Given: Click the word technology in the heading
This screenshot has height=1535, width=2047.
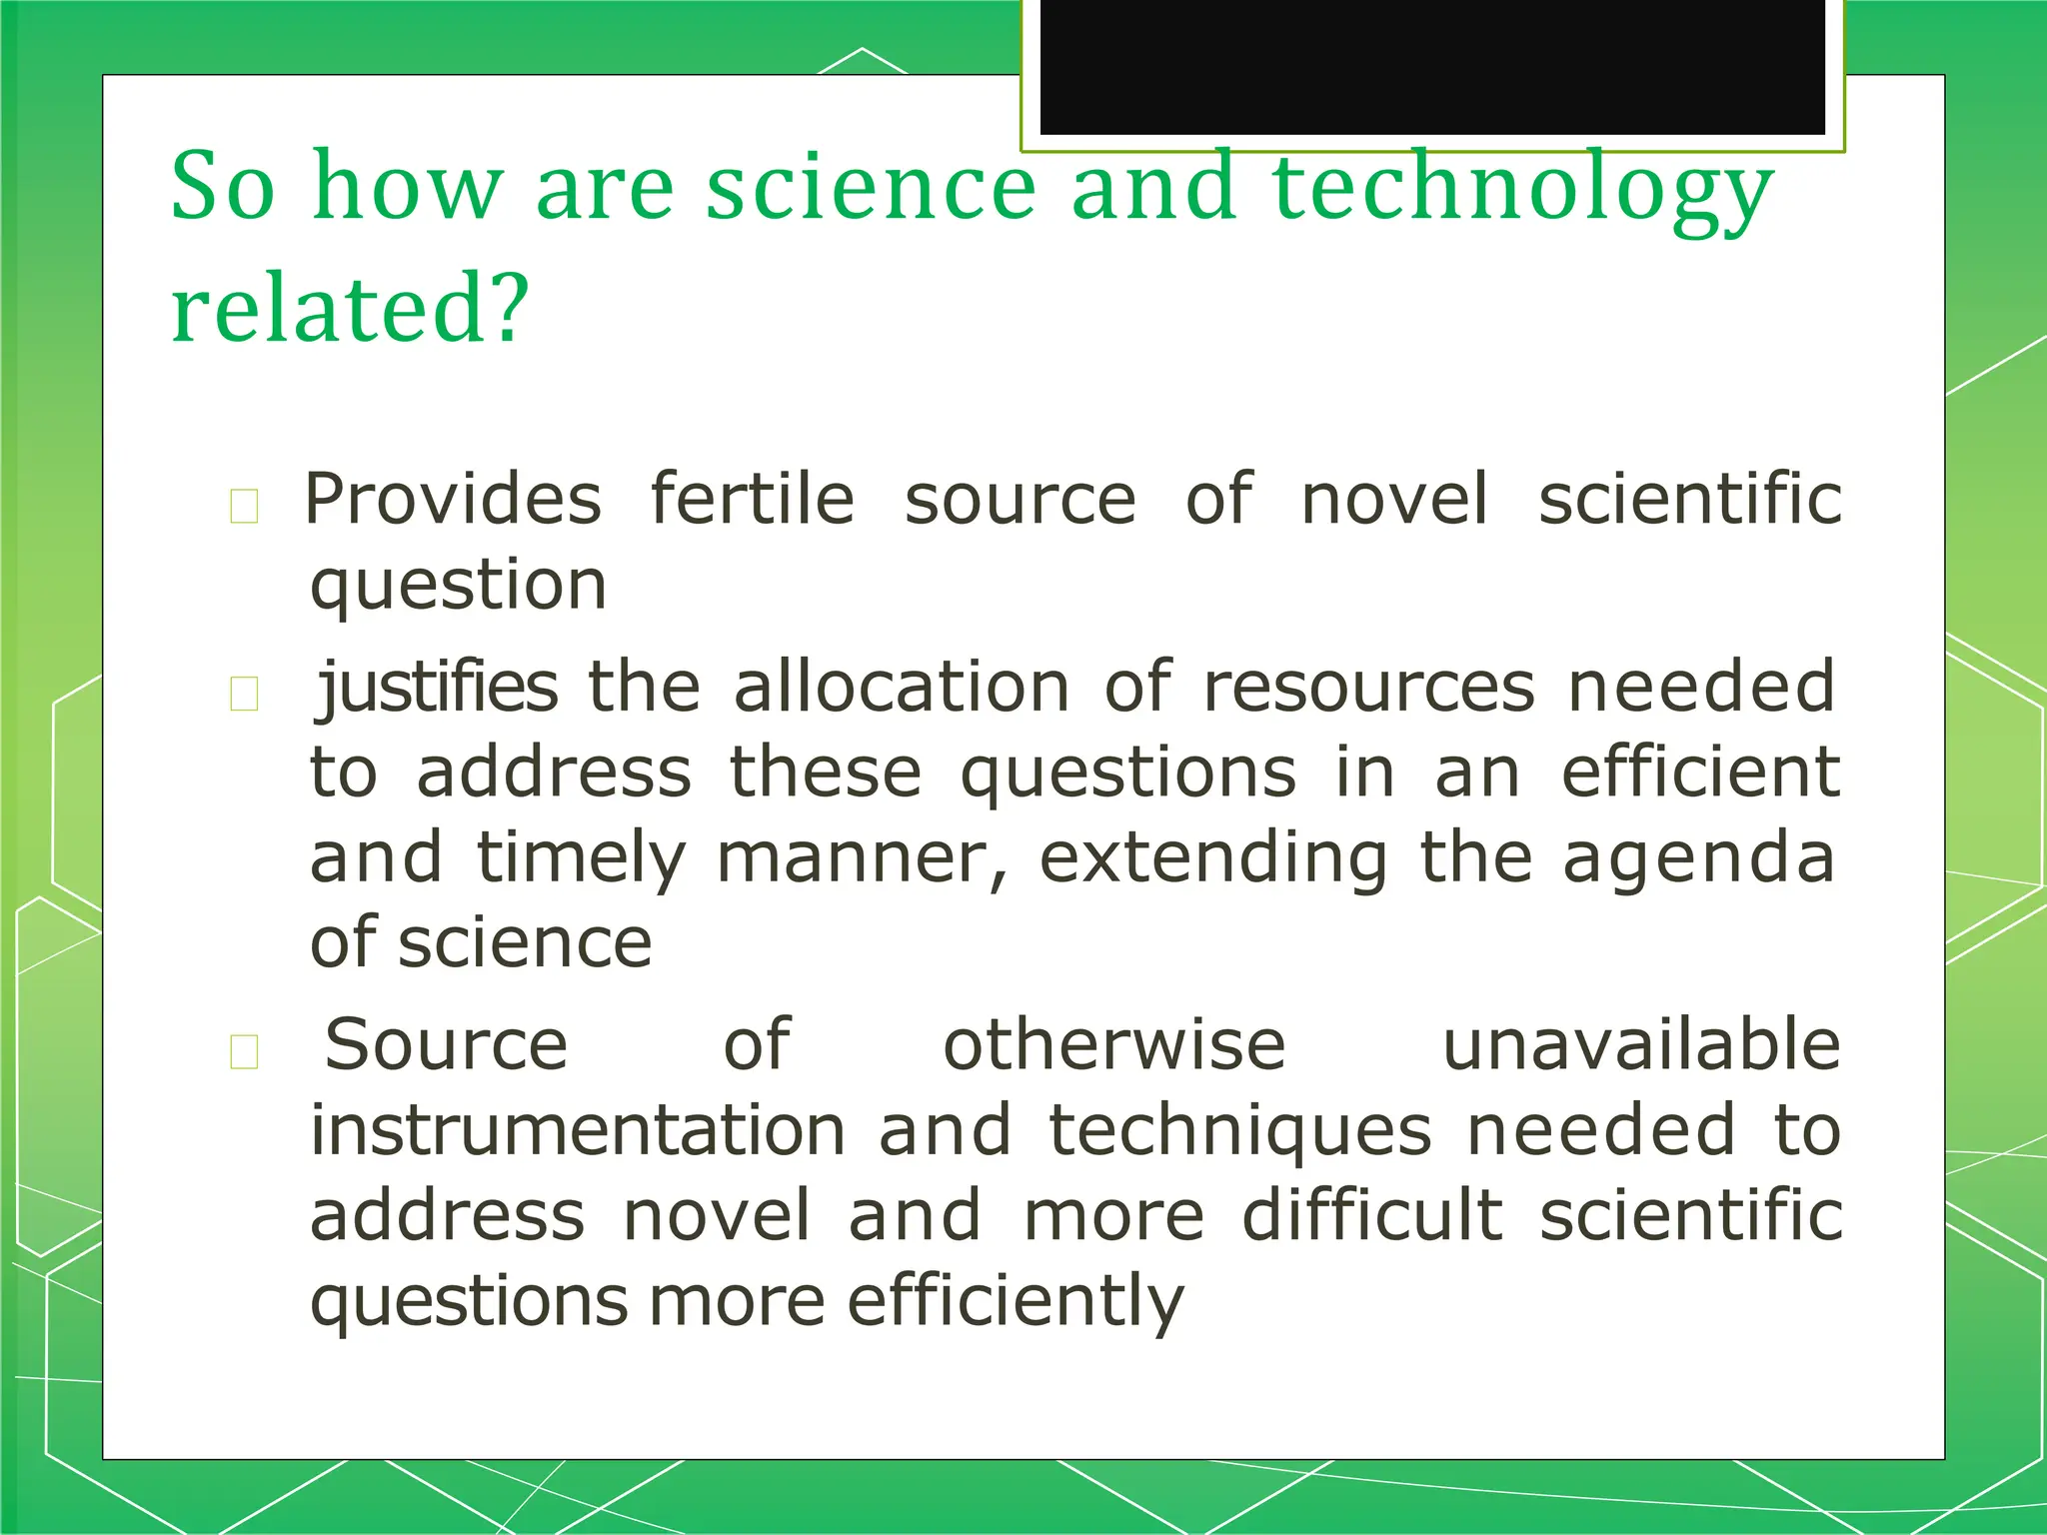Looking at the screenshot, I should (x=1522, y=190).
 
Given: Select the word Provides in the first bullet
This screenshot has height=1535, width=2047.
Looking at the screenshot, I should (x=453, y=499).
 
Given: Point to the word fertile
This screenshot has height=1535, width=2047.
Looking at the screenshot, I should (x=753, y=499).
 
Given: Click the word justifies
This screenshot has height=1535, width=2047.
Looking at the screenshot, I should (x=437, y=688).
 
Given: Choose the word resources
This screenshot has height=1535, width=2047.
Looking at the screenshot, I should (x=1368, y=688).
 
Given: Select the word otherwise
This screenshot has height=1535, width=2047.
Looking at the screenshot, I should (x=1114, y=1045).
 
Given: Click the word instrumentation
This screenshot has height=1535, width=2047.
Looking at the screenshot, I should (x=578, y=1131).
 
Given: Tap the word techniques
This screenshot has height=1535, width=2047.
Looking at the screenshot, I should (x=1240, y=1131).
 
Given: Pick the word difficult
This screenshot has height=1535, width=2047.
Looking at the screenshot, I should (x=1372, y=1216).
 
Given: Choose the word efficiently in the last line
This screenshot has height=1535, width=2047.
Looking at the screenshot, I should (x=1016, y=1302).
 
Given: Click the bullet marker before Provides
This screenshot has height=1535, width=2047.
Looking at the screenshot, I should (x=244, y=506).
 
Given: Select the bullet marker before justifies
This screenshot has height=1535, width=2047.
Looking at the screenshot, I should (x=244, y=694).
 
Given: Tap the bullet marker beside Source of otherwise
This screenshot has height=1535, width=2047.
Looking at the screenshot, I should (x=244, y=1051).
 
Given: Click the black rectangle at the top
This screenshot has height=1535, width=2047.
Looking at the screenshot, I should (x=1432, y=66).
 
